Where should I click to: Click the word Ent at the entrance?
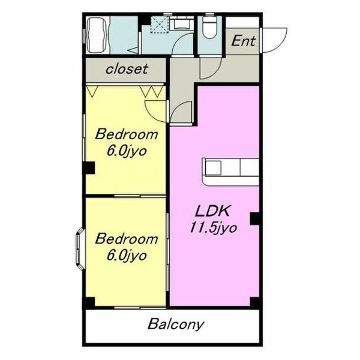pos(243,41)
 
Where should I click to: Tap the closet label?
pos(127,68)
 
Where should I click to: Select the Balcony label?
pos(176,325)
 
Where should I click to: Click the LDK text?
pos(212,211)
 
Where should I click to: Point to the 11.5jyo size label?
pos(213,228)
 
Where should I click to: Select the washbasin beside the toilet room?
pos(181,23)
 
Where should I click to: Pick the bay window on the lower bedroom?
pos(79,248)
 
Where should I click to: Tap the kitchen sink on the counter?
pos(213,167)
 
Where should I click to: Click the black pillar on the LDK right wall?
pos(254,218)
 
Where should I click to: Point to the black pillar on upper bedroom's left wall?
pos(89,168)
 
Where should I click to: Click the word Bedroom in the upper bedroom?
pos(127,134)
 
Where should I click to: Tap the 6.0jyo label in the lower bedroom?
pos(127,256)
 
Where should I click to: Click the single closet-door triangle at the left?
pos(92,92)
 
